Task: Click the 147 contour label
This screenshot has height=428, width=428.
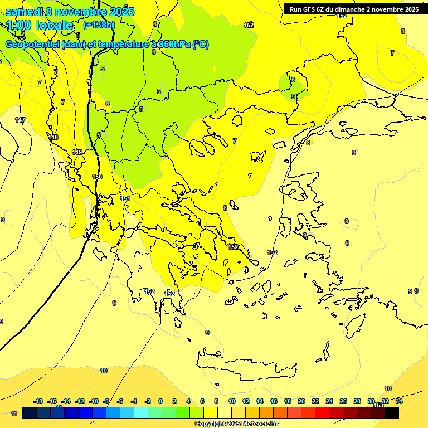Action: pyautogui.click(x=20, y=120)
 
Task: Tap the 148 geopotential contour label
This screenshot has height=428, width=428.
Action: pyautogui.click(x=53, y=137)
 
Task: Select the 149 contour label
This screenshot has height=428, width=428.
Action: pyautogui.click(x=77, y=152)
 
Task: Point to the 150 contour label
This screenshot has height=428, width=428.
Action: pyautogui.click(x=97, y=177)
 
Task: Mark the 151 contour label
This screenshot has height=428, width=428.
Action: pyautogui.click(x=125, y=198)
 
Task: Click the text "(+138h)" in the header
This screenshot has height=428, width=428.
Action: pyautogui.click(x=99, y=25)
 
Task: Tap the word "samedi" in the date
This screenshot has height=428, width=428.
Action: pyautogui.click(x=25, y=12)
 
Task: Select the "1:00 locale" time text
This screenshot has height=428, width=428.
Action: pyautogui.click(x=40, y=25)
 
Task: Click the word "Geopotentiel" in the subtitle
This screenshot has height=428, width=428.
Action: pyautogui.click(x=32, y=45)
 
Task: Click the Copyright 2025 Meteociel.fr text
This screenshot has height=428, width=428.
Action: pyautogui.click(x=236, y=424)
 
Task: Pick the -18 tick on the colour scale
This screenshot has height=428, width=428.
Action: pyautogui.click(x=38, y=401)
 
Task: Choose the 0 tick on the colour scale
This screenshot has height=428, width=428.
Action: pyautogui.click(x=160, y=401)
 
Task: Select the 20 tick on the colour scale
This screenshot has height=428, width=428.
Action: pyautogui.click(x=301, y=401)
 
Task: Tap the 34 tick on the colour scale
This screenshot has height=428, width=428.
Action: pyautogui.click(x=399, y=401)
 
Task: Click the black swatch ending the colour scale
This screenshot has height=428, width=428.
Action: pyautogui.click(x=392, y=412)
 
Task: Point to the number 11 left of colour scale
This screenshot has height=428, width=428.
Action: pyautogui.click(x=14, y=414)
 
